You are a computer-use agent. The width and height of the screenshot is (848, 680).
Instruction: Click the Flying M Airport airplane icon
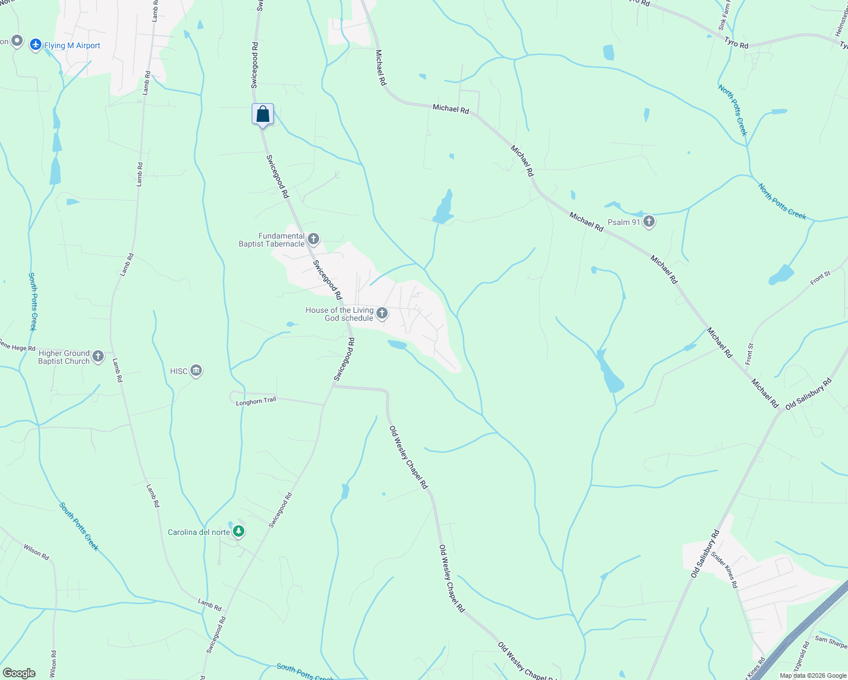pyautogui.click(x=36, y=44)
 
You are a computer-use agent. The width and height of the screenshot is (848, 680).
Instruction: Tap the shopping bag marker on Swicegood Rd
pyautogui.click(x=262, y=114)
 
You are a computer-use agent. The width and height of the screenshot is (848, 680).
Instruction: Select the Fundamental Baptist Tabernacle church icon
pyautogui.click(x=313, y=239)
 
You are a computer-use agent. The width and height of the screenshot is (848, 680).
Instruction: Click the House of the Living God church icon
pyautogui.click(x=382, y=313)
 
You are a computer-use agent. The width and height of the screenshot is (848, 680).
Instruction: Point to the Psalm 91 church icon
pyautogui.click(x=649, y=222)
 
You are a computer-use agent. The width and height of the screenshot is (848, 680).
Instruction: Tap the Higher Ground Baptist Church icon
pyautogui.click(x=98, y=356)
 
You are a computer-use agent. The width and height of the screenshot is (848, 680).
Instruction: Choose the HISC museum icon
pyautogui.click(x=196, y=371)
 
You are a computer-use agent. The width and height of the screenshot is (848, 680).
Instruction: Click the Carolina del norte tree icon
pyautogui.click(x=239, y=532)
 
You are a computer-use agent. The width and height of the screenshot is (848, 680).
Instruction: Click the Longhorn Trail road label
pyautogui.click(x=256, y=401)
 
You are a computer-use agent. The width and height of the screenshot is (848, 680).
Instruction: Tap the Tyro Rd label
pyautogui.click(x=736, y=42)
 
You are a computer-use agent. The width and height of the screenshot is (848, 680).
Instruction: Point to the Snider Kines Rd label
pyautogui.click(x=724, y=570)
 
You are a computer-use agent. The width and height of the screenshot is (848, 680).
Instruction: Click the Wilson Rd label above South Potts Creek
pyautogui.click(x=36, y=552)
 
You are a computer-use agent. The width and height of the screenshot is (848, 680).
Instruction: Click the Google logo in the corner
pyautogui.click(x=19, y=673)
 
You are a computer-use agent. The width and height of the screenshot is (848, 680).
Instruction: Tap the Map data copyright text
pyautogui.click(x=812, y=675)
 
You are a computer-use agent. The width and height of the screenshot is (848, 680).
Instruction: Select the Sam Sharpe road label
pyautogui.click(x=831, y=641)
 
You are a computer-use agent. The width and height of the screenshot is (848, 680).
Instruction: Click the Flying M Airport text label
pyautogui.click(x=72, y=45)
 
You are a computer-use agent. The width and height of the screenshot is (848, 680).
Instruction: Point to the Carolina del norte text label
pyautogui.click(x=199, y=532)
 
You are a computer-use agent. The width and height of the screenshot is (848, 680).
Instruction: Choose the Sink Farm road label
pyautogui.click(x=724, y=16)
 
